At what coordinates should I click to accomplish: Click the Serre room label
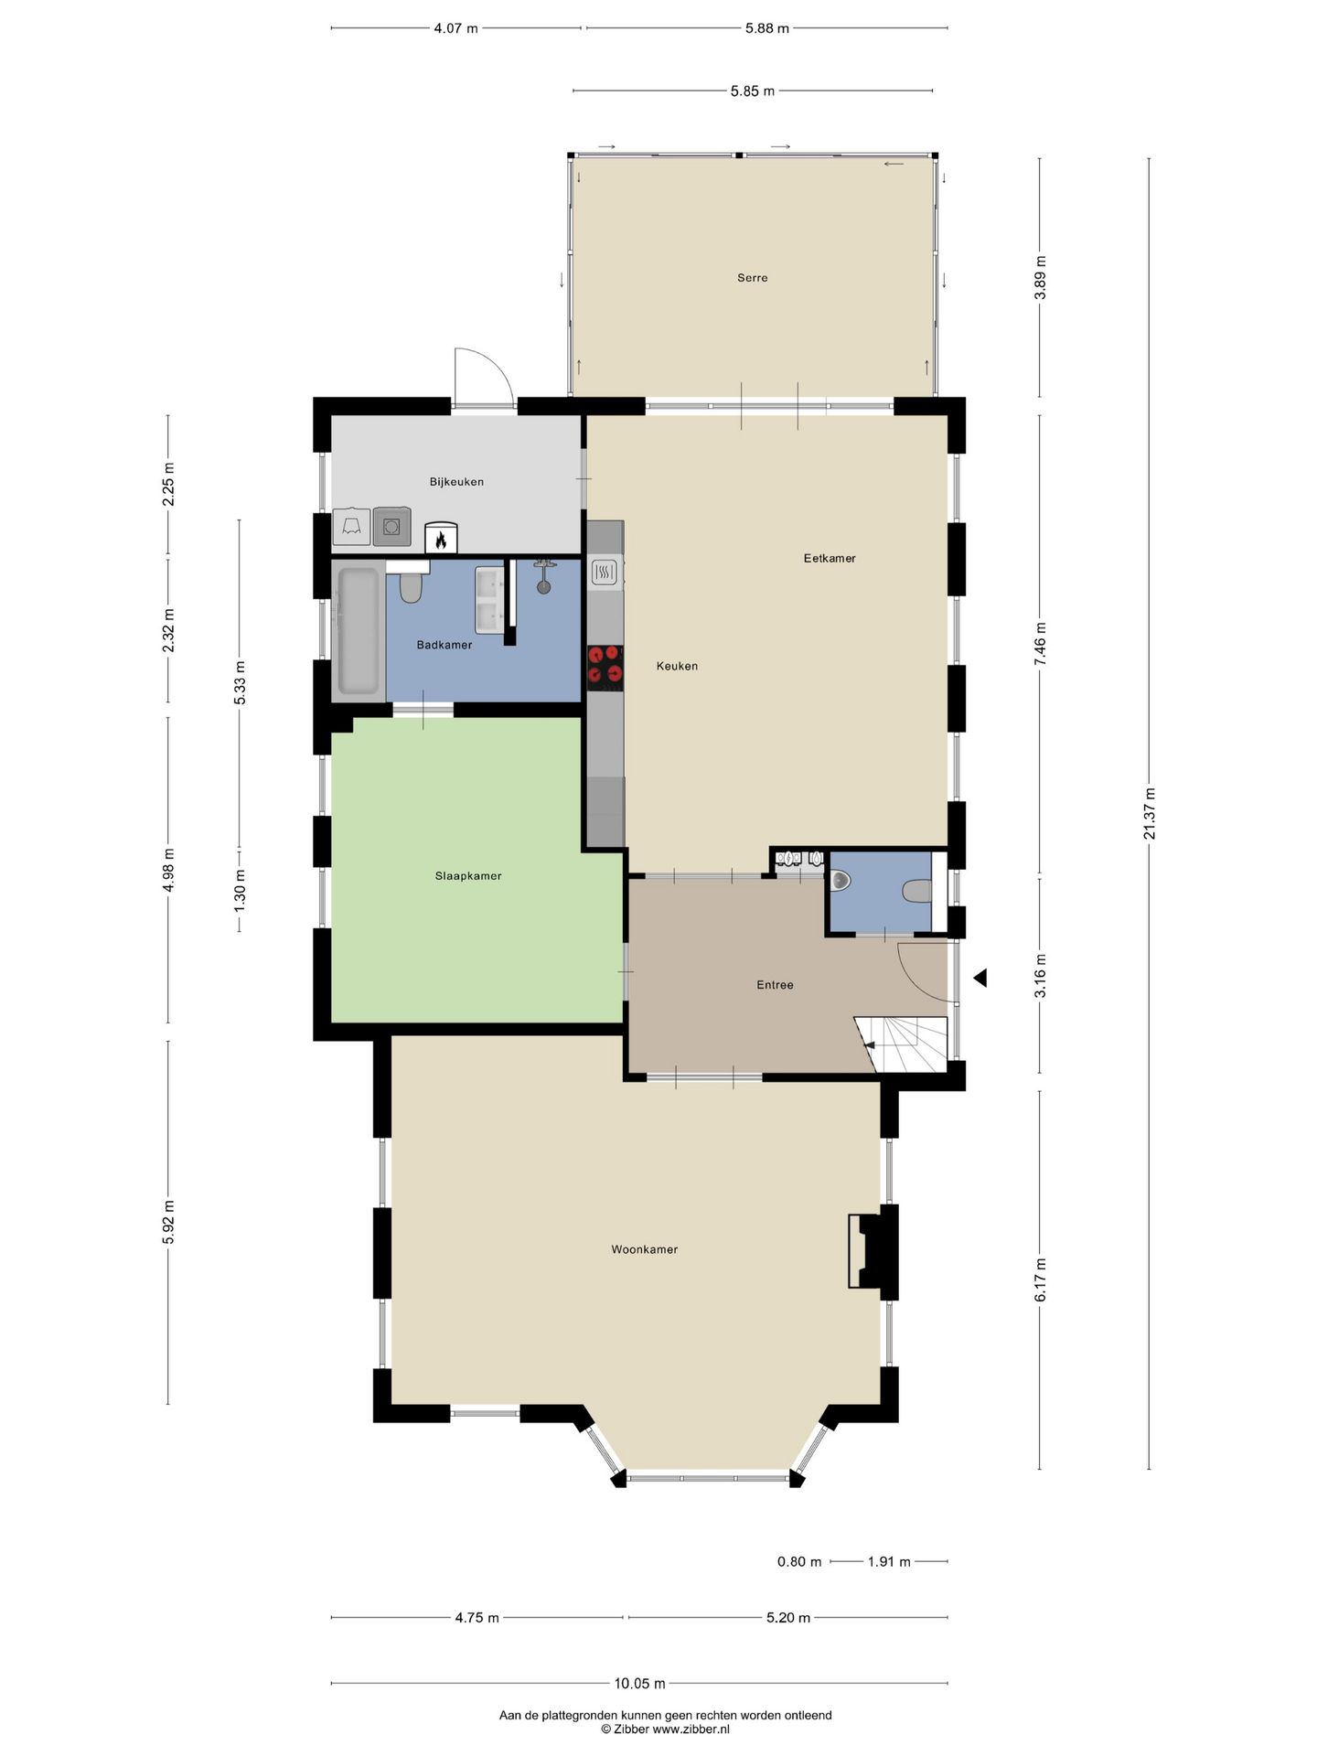752,278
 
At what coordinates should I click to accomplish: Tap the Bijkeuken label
456,482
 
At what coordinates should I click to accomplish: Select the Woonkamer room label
645,1249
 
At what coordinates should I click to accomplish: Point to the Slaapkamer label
468,876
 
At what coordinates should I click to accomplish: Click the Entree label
775,985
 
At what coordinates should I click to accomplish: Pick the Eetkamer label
830,558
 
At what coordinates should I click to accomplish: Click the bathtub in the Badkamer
359,631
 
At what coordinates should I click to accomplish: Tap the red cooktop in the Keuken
605,665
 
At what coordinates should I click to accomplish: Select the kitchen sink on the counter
605,573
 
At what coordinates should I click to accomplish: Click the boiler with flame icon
441,539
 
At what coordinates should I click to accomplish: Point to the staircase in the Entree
902,1044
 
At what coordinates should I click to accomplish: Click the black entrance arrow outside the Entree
980,978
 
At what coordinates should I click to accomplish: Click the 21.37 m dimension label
1150,813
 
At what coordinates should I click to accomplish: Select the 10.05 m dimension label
639,1683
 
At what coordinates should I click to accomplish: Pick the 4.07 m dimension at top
455,28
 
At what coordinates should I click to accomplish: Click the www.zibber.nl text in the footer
691,1729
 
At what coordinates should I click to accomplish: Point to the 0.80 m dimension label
799,1562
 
